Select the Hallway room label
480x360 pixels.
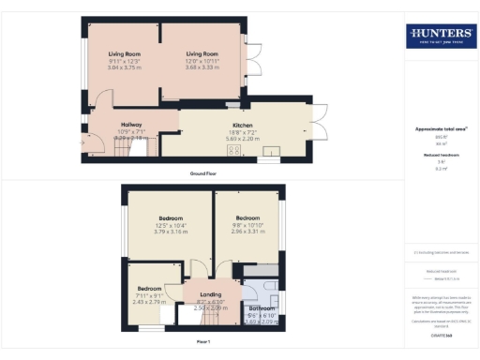pos(129,125)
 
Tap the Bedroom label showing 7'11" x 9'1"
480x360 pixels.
pos(151,288)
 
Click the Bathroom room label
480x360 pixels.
pos(261,308)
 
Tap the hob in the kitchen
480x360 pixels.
pos(232,149)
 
